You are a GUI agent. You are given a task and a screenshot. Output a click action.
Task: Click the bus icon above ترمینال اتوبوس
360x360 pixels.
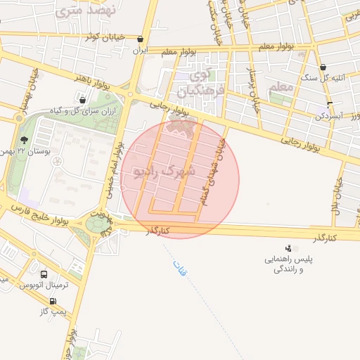pos(44,275)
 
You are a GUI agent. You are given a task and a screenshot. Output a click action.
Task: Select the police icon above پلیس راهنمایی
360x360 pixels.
pos(288,248)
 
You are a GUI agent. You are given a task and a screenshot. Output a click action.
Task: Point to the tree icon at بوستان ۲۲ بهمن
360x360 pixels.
pos(25,140)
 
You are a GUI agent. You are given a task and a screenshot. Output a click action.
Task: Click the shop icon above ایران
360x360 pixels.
pos(142,40)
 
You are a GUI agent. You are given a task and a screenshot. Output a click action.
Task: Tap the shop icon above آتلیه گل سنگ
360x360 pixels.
pos(323,67)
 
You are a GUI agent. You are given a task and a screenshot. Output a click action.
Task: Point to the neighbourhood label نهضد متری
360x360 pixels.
pos(78,11)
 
